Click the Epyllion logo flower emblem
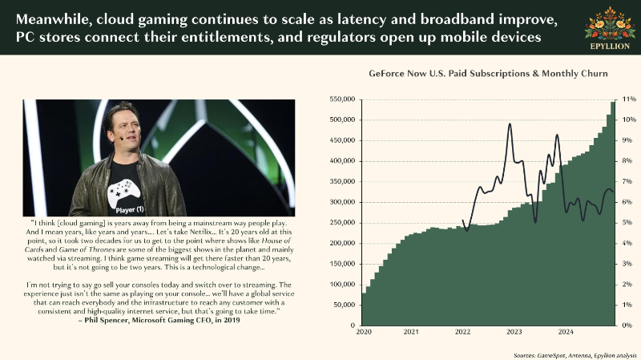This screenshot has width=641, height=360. tap(610, 24)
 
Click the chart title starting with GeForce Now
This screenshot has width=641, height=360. tap(488, 74)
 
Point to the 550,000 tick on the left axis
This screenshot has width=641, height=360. tap(342, 99)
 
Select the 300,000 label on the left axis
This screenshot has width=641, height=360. tap(342, 202)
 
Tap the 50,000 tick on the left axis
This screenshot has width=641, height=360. tap(345, 305)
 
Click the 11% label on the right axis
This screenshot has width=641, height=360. tap(629, 99)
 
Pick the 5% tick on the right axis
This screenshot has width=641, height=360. tap(627, 223)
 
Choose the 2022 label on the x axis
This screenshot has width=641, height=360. tap(463, 332)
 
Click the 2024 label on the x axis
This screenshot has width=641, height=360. tap(566, 332)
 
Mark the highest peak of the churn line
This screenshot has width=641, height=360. tap(510, 123)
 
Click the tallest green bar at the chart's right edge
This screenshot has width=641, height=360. tap(613, 213)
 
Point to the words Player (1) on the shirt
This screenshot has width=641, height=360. tap(130, 210)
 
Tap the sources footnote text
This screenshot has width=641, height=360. tap(575, 355)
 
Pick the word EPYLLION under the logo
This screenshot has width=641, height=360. tap(610, 47)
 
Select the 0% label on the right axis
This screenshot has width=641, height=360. tap(627, 326)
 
